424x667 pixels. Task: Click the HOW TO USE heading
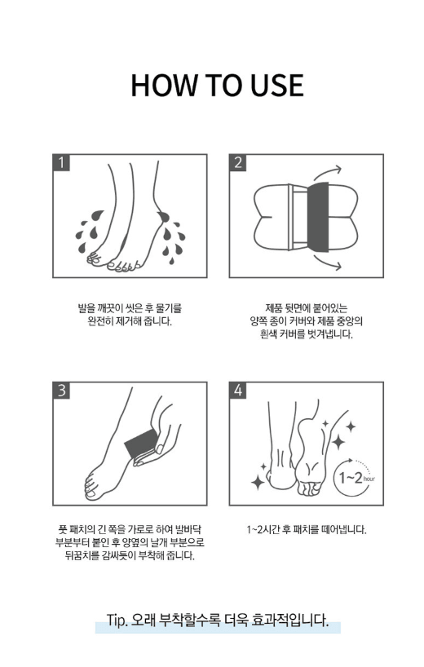(216, 86)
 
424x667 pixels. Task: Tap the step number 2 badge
(238, 161)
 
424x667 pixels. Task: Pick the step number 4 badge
(238, 390)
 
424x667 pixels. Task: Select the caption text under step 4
(306, 530)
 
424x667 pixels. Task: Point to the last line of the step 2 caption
(306, 335)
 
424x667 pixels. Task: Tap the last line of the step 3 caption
(130, 556)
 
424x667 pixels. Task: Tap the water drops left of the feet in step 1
(86, 231)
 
